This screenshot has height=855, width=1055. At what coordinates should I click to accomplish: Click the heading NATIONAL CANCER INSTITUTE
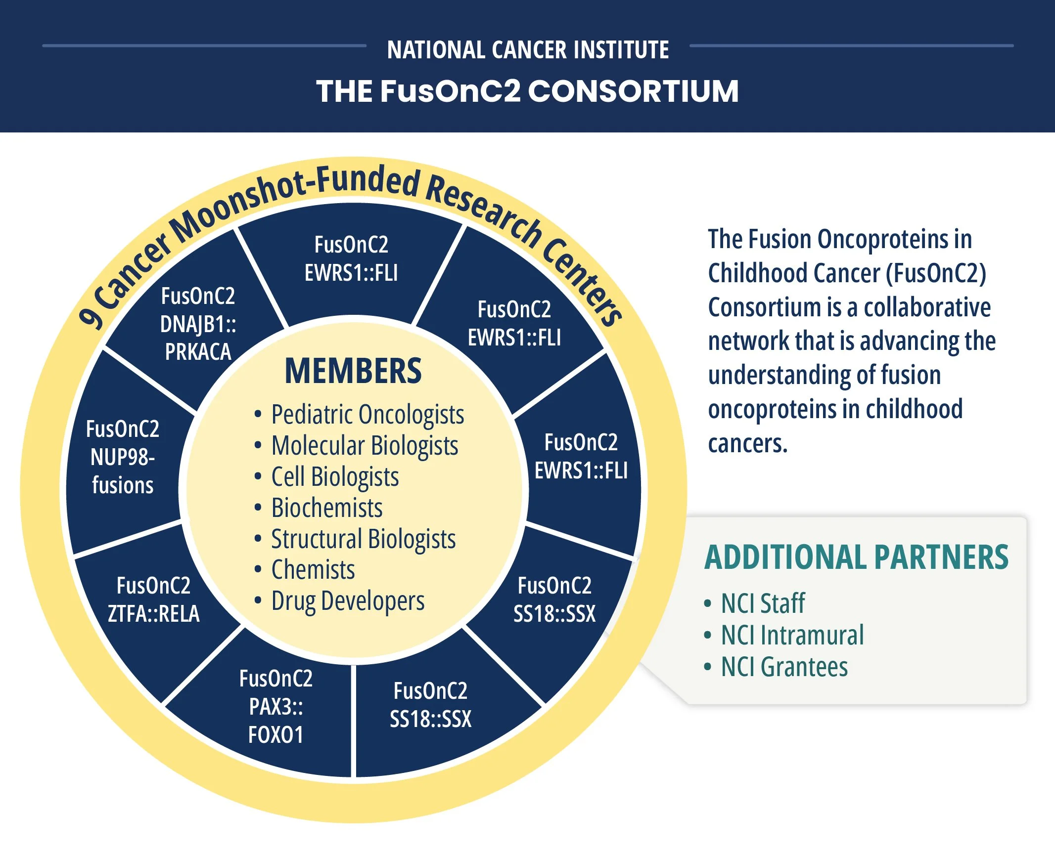(528, 50)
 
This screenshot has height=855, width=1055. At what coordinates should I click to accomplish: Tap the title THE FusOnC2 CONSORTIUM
(527, 91)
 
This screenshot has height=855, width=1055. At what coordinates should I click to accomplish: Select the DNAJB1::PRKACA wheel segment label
(198, 324)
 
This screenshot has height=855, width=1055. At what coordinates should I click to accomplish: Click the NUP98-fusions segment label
(123, 457)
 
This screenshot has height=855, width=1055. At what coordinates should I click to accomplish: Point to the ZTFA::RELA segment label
(153, 599)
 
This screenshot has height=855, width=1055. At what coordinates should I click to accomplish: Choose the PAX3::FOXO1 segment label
(275, 707)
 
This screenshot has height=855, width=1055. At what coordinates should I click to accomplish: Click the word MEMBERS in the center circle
(353, 371)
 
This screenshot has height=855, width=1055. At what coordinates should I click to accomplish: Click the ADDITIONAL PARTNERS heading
(856, 557)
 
